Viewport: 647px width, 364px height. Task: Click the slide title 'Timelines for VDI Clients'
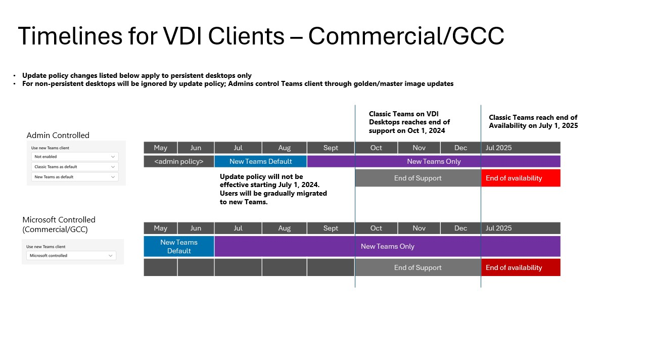point(261,36)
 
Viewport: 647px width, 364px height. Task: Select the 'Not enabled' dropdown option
point(75,157)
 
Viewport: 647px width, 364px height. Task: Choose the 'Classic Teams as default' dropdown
point(75,167)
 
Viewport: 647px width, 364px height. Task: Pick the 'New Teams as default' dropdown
point(75,177)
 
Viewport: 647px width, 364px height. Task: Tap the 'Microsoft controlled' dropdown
point(71,256)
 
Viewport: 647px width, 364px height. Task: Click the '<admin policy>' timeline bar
point(179,162)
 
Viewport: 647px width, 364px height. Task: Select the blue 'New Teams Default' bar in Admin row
point(260,162)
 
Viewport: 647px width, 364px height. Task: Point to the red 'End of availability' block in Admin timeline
point(521,178)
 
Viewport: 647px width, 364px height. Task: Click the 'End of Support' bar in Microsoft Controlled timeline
point(418,267)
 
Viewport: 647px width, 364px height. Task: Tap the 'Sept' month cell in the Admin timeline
point(331,148)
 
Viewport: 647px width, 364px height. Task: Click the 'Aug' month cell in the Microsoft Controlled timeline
point(284,228)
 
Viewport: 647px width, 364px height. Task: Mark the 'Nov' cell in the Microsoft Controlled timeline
point(419,228)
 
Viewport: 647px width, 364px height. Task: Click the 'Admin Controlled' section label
point(58,135)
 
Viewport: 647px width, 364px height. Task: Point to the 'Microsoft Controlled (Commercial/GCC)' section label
point(59,224)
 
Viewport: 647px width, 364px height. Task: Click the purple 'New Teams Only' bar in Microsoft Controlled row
point(387,246)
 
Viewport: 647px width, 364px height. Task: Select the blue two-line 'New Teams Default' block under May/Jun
point(179,246)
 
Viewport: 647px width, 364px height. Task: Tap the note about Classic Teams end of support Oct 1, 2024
point(409,122)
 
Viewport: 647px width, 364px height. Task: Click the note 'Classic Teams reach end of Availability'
point(533,122)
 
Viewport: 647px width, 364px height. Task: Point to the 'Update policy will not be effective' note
point(273,189)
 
